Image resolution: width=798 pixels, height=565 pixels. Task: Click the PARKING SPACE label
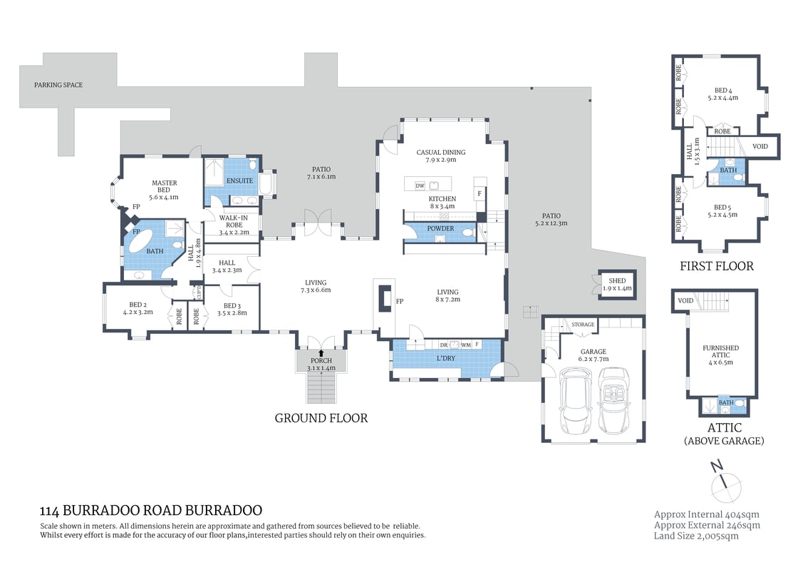point(58,85)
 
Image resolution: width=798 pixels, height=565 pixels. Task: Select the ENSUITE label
point(240,180)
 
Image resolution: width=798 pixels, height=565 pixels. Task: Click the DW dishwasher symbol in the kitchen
point(420,185)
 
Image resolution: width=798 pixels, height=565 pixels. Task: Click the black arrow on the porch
point(321,352)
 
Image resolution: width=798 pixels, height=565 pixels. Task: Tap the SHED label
point(616,281)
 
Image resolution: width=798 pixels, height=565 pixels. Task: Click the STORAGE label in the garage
point(582,325)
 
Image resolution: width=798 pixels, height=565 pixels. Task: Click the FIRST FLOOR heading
point(717,266)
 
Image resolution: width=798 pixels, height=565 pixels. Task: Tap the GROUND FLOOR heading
point(321,418)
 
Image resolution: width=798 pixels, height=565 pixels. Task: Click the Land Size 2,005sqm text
point(696,536)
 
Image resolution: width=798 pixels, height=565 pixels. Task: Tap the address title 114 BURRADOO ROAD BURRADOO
point(151,511)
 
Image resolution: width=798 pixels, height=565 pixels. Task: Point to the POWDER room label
point(440,229)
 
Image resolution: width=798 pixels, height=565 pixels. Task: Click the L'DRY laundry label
point(446,357)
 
